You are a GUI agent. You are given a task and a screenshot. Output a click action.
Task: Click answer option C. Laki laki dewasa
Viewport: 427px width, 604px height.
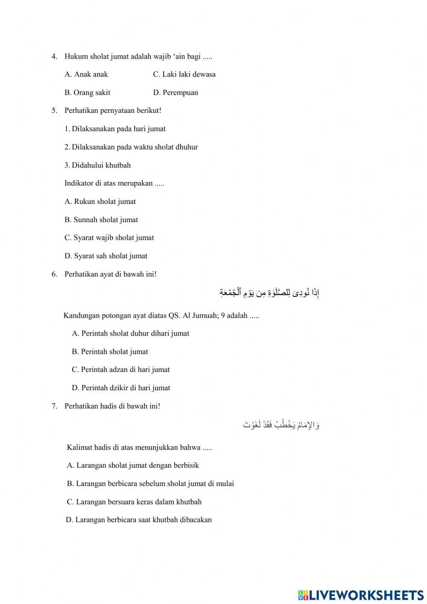[x=184, y=74]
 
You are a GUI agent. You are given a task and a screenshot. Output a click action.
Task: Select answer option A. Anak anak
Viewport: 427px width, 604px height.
[x=86, y=74]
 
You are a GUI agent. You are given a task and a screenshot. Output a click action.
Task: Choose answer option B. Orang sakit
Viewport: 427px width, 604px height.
[x=87, y=93]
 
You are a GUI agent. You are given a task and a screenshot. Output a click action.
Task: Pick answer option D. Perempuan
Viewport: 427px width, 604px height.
[x=175, y=93]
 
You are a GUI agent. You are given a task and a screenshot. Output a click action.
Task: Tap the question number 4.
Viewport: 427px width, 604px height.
[x=54, y=56]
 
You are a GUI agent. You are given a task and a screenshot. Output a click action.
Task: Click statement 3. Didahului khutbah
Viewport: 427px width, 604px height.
[x=98, y=165]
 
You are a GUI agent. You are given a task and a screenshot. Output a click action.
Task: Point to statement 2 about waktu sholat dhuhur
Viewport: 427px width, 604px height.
[x=131, y=147]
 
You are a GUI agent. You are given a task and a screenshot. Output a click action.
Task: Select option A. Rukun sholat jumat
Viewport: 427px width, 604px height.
[x=100, y=202]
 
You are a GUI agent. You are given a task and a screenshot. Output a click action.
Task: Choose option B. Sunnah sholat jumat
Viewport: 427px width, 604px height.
[x=101, y=220]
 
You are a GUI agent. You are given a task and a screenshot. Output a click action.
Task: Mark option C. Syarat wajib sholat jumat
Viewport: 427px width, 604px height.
[x=109, y=238]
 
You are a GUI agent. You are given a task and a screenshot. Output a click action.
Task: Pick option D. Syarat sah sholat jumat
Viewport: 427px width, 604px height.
[x=106, y=256]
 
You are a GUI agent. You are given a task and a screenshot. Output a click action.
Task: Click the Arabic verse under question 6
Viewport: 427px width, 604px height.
[x=269, y=293]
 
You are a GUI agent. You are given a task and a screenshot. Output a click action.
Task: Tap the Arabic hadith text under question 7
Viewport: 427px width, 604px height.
[x=281, y=424]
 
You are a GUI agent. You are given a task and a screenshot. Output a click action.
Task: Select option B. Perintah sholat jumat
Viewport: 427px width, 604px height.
[x=110, y=352]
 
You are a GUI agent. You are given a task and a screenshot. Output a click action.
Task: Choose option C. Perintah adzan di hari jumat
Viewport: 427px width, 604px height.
[x=120, y=370]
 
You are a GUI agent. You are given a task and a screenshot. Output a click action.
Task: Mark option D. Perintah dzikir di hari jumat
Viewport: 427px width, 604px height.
[x=121, y=388]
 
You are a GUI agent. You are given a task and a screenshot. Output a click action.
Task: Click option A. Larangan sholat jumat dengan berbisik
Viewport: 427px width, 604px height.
[x=133, y=466]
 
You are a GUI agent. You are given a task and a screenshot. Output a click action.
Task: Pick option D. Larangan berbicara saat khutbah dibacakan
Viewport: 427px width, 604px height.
[x=138, y=520]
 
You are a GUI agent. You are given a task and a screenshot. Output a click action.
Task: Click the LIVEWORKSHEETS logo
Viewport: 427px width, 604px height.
[x=361, y=595]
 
